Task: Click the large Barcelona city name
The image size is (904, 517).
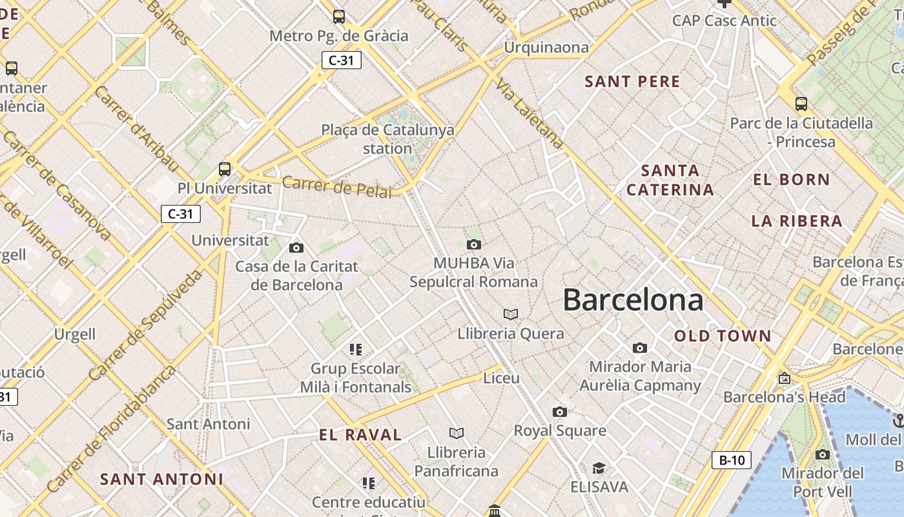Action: [633, 300]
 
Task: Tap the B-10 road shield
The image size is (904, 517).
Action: [732, 460]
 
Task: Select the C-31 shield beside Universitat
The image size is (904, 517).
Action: [181, 214]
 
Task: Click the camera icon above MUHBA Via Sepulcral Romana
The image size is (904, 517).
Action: [474, 244]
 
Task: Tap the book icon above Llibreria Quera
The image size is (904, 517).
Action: [511, 314]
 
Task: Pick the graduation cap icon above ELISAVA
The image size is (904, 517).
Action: [599, 468]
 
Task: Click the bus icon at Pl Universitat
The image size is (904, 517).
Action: [225, 169]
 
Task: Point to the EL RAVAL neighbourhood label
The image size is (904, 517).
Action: [360, 435]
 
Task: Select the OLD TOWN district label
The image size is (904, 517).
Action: [723, 336]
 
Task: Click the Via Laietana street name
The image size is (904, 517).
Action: [529, 114]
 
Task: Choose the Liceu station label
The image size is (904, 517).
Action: [501, 378]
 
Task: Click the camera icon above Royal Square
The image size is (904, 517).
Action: [560, 412]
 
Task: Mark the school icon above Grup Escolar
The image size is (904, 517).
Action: [356, 350]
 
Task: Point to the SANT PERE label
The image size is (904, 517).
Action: [632, 81]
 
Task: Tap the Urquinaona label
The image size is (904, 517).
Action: [546, 47]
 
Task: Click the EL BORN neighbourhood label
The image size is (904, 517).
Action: [791, 180]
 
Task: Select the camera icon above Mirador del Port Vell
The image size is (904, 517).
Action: [822, 454]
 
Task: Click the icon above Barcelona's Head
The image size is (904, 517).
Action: [785, 378]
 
